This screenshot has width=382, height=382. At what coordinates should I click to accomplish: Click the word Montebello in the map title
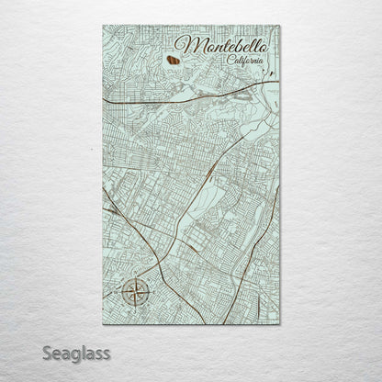(220, 46)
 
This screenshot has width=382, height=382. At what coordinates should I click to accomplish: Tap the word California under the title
(248, 61)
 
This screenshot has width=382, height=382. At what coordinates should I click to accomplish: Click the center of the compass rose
(136, 294)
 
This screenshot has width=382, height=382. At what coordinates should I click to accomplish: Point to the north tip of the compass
(136, 278)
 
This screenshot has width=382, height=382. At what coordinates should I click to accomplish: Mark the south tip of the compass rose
(136, 309)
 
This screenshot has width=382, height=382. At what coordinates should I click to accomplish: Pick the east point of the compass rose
(152, 294)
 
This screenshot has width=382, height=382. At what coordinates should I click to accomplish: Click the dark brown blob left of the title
(172, 62)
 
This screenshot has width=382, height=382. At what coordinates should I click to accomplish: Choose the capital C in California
(230, 61)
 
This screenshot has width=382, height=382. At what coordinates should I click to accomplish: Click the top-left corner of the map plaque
(103, 26)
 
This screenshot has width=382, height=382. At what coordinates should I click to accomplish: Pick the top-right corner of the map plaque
(279, 26)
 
